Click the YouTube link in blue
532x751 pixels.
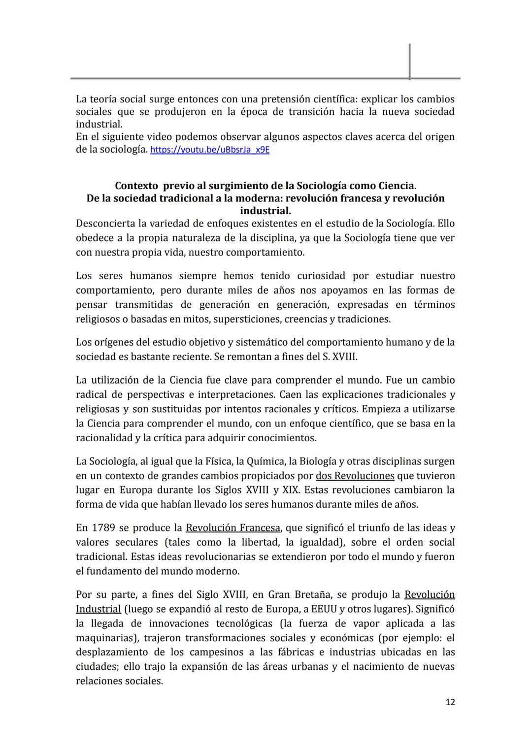[x=209, y=150]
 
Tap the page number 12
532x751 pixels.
[x=450, y=702]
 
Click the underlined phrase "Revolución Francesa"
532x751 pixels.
[x=233, y=528]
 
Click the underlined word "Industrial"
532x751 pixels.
[x=98, y=609]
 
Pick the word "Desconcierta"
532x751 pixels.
[x=105, y=224]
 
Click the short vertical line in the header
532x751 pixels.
[x=409, y=61]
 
